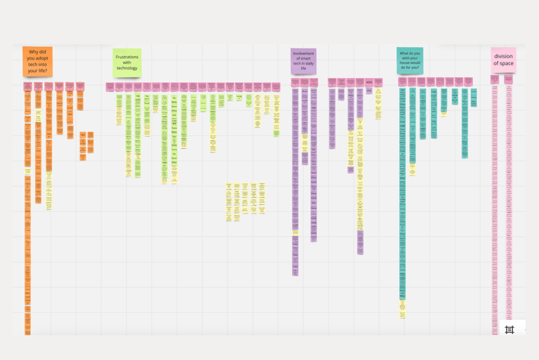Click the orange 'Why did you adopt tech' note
(x=38, y=61)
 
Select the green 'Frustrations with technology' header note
(x=127, y=62)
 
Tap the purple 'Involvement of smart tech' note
(x=303, y=61)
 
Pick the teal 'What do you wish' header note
(x=409, y=61)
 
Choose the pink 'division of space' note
(x=503, y=60)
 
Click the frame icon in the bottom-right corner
(x=510, y=329)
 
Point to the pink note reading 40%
(x=368, y=83)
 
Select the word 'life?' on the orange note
(x=43, y=70)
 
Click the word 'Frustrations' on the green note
(x=127, y=56)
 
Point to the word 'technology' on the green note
(x=127, y=68)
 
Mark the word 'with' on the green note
(x=127, y=62)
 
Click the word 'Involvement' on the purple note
(x=303, y=52)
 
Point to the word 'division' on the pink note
(x=503, y=56)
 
